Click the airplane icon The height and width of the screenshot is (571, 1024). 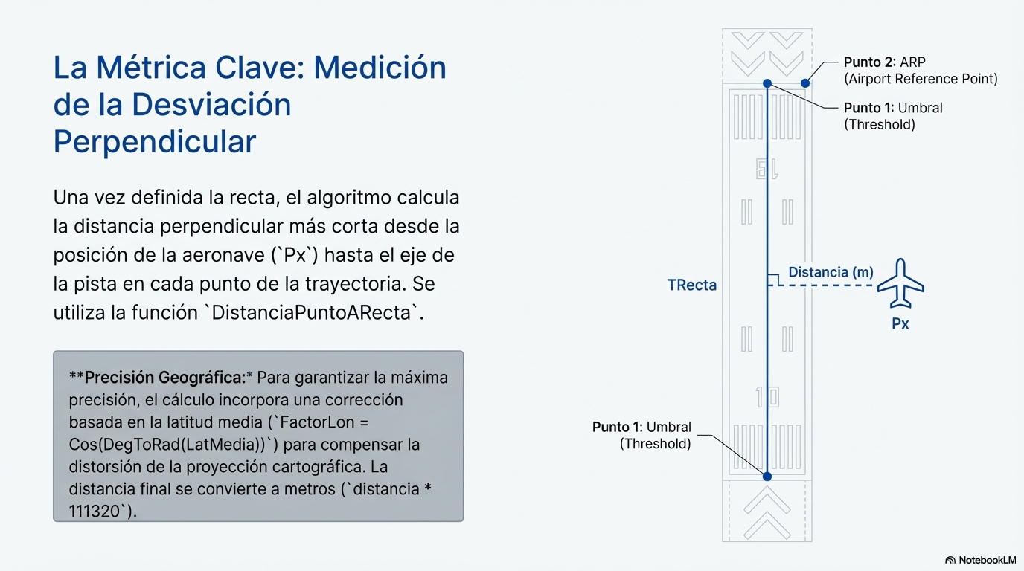900,284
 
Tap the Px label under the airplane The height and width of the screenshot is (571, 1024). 900,323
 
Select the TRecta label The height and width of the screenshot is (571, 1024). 691,285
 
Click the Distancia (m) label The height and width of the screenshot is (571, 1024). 831,272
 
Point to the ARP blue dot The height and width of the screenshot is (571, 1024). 805,83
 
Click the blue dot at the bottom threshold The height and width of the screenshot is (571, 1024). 767,477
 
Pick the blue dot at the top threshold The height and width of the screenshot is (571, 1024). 767,83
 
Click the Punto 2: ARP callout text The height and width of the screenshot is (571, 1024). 921,71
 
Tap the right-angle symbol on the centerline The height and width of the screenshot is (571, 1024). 772,280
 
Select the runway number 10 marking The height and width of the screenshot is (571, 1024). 767,397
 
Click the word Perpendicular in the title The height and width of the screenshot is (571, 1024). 155,141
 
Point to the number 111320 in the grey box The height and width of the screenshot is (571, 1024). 95,512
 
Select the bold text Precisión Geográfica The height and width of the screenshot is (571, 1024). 165,378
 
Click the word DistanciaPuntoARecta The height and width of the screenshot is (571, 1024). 311,313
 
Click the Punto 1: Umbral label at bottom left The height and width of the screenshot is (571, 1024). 641,436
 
